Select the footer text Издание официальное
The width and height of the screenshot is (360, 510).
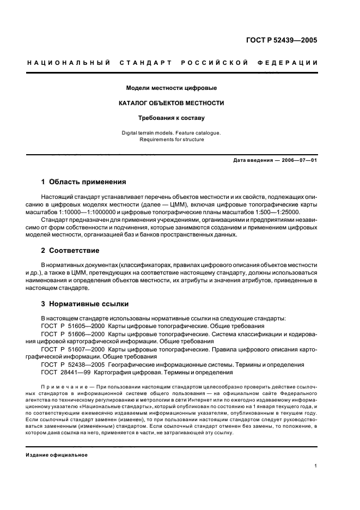tap(56, 455)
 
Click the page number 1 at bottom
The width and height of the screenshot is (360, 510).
tap(316, 466)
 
